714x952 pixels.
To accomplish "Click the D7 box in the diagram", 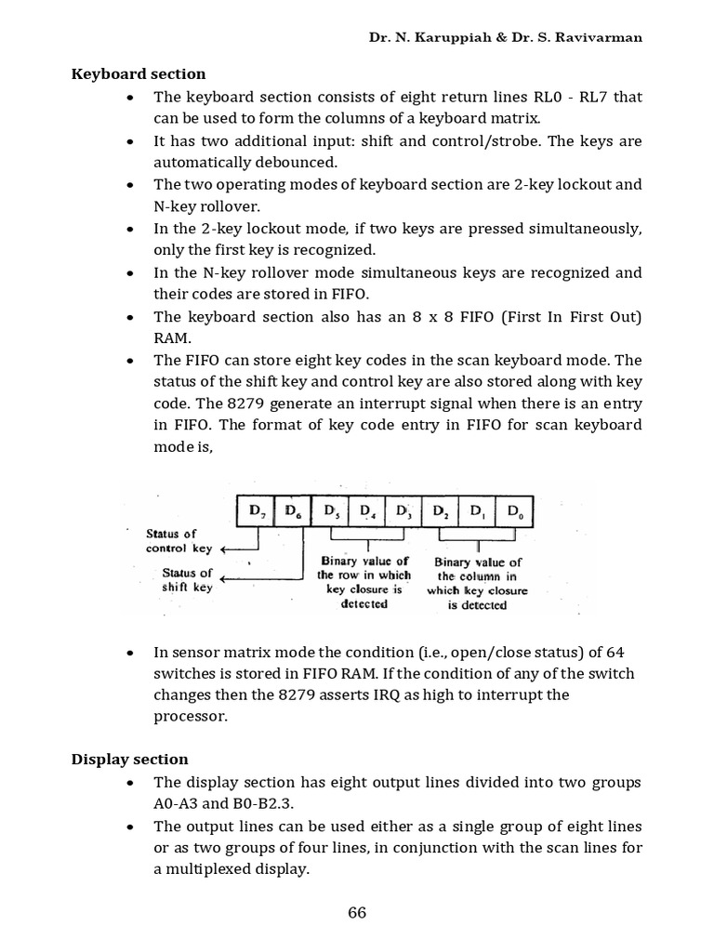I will tap(256, 510).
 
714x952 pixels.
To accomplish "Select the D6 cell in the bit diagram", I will tap(292, 510).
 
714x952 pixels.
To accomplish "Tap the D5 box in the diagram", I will tap(329, 510).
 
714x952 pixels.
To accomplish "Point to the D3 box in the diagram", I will tap(403, 510).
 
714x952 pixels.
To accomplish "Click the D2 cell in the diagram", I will tap(440, 510).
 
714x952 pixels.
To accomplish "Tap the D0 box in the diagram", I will tap(513, 510).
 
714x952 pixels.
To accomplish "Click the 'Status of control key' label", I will tap(178, 540).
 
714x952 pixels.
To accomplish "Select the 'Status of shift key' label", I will tap(187, 580).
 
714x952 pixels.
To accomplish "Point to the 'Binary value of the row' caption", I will tap(364, 582).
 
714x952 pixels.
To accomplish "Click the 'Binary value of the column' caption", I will tap(477, 583).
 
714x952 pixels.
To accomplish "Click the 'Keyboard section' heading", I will tap(139, 73).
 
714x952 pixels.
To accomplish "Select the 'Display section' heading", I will tap(129, 760).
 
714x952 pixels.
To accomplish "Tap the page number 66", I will tap(357, 913).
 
